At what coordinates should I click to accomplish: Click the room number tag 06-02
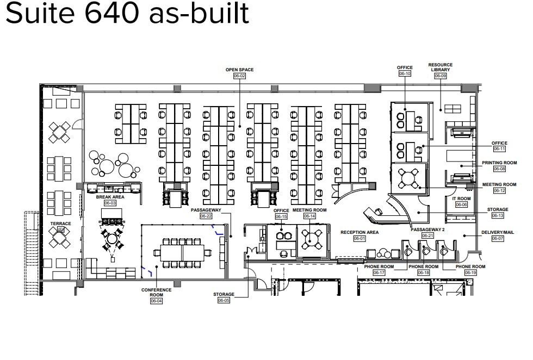(x=240, y=76)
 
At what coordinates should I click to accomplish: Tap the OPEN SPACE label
(x=240, y=70)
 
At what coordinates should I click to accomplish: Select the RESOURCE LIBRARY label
(x=440, y=67)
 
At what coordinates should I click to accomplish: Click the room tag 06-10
(x=405, y=73)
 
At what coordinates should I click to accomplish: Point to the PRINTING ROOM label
(x=499, y=163)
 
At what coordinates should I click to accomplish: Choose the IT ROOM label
(x=461, y=198)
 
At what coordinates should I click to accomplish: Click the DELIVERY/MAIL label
(x=498, y=232)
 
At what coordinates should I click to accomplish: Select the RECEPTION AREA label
(x=360, y=232)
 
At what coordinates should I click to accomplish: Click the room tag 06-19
(x=470, y=272)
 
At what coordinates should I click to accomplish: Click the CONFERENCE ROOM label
(x=156, y=292)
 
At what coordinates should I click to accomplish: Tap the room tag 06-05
(x=224, y=300)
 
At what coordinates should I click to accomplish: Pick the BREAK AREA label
(x=110, y=197)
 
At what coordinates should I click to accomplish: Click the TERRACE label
(x=61, y=224)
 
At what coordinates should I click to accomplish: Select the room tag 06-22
(x=206, y=216)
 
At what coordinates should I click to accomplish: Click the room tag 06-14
(x=309, y=216)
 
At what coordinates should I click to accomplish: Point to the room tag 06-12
(x=499, y=191)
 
